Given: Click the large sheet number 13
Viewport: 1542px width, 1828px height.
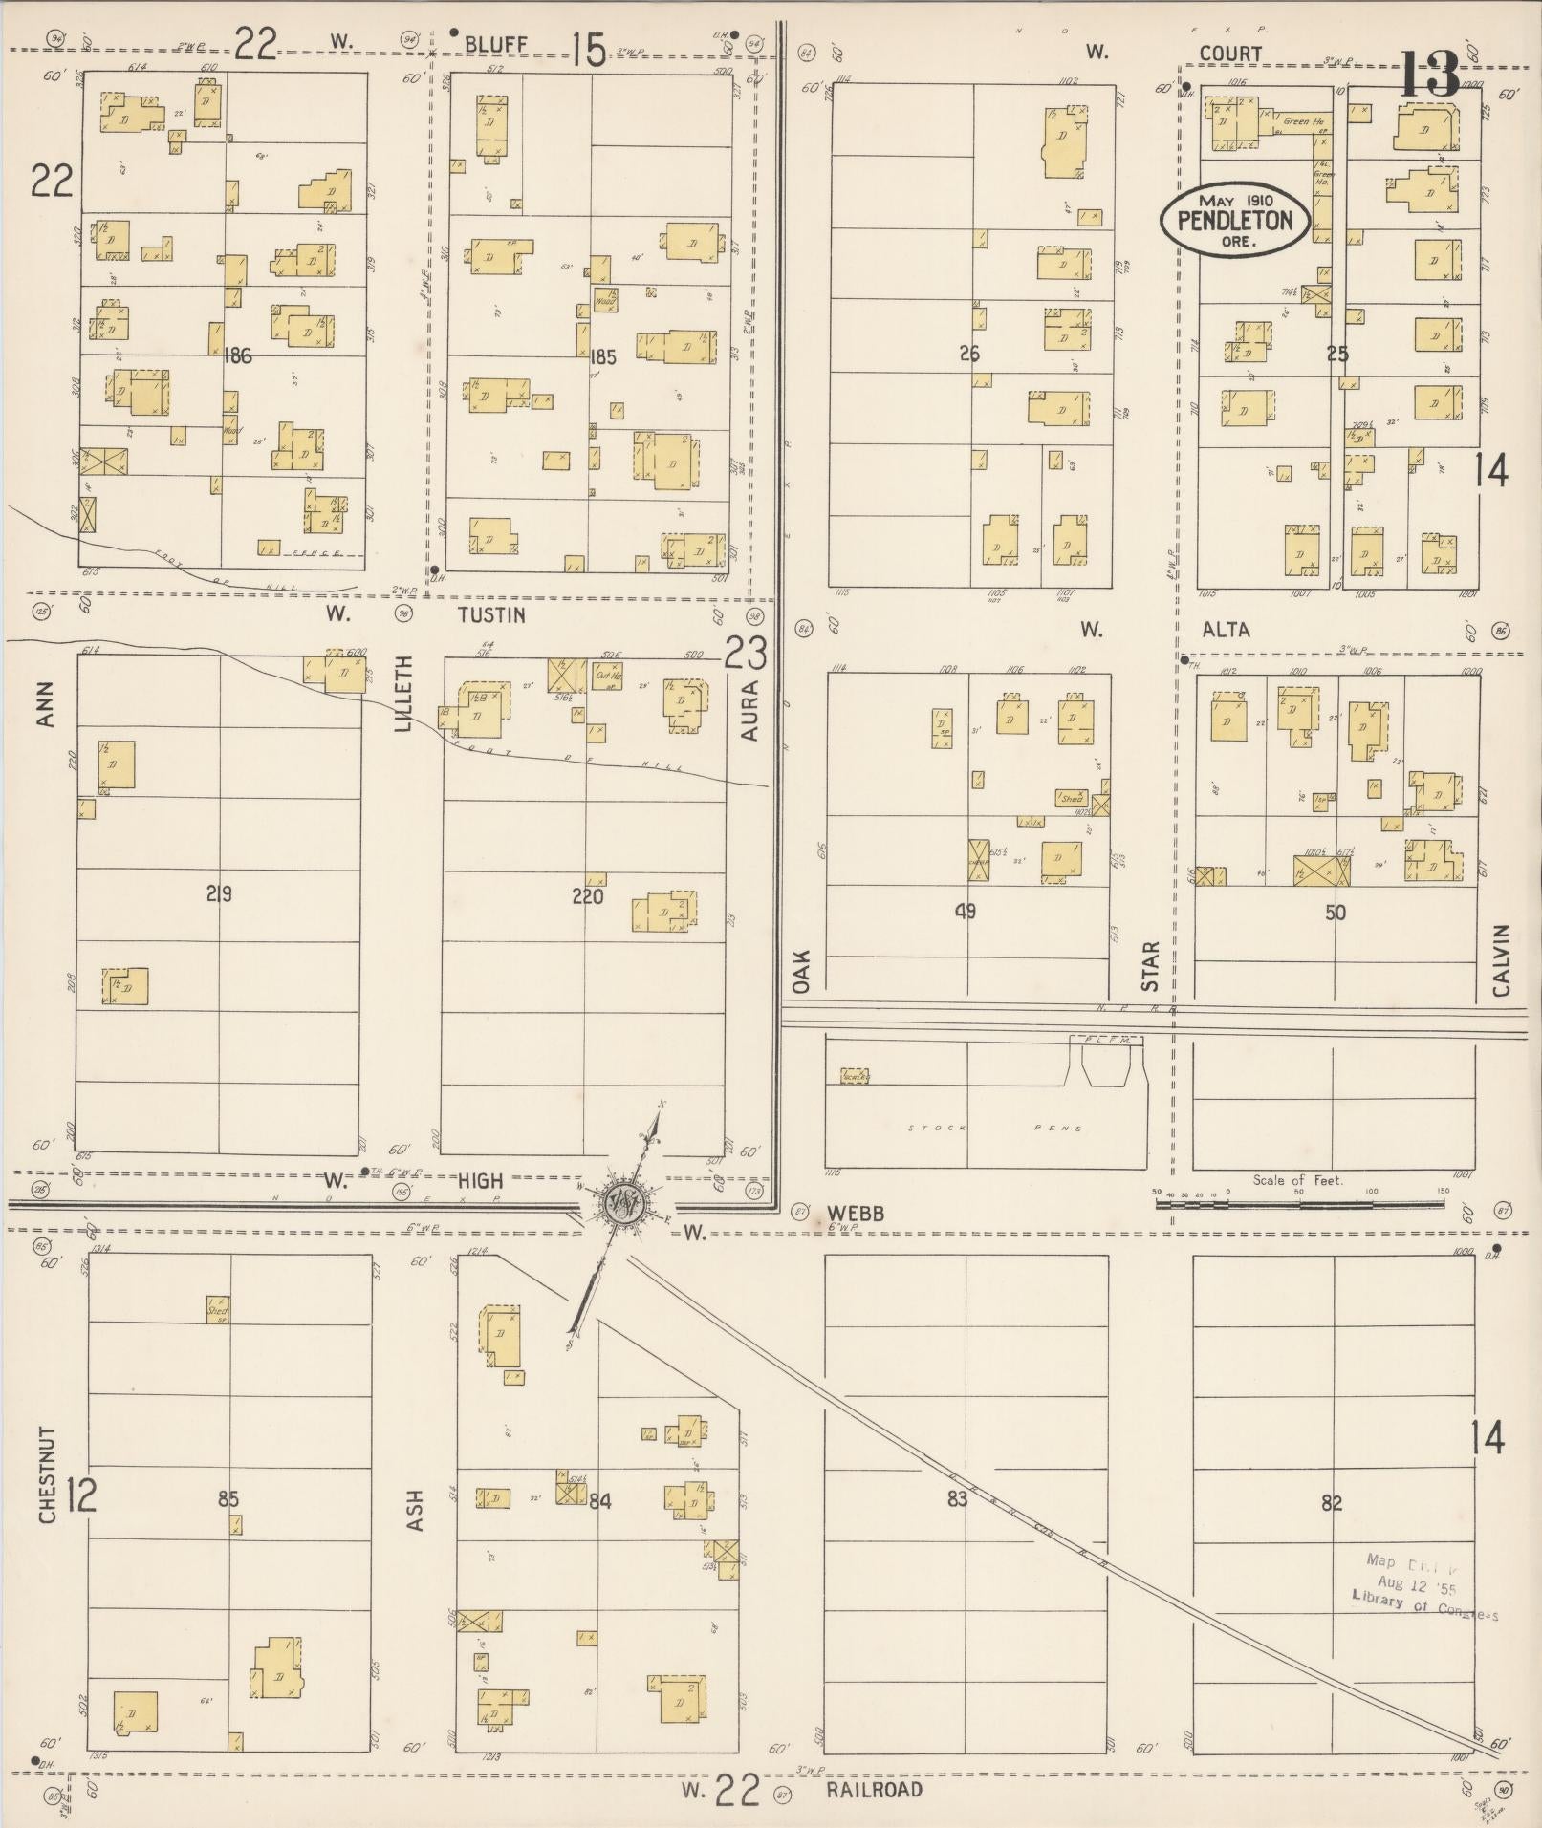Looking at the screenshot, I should point(1431,75).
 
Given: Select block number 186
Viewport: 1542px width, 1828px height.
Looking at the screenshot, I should point(236,356).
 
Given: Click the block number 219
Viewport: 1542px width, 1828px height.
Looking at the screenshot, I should point(219,894).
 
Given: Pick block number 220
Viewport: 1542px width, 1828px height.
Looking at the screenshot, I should point(587,895).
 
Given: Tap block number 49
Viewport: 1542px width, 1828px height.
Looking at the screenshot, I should point(966,911).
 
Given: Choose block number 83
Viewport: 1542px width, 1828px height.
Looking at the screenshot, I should point(957,1499).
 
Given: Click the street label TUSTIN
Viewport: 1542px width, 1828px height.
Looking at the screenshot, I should point(491,615).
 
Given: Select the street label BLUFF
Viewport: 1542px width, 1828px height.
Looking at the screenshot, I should point(496,44).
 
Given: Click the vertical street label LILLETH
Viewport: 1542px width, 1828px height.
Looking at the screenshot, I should point(404,695).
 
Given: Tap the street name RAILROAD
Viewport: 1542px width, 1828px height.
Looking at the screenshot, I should point(875,1790).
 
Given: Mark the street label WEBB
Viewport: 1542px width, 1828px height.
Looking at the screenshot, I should point(856,1214).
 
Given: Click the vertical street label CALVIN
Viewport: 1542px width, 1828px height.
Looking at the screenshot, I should point(1500,960).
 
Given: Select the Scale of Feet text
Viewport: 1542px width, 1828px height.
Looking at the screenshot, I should point(1297,1180).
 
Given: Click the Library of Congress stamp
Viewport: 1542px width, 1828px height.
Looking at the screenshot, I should point(1424,1587).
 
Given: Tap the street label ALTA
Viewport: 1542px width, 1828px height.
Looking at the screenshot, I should point(1226,629).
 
